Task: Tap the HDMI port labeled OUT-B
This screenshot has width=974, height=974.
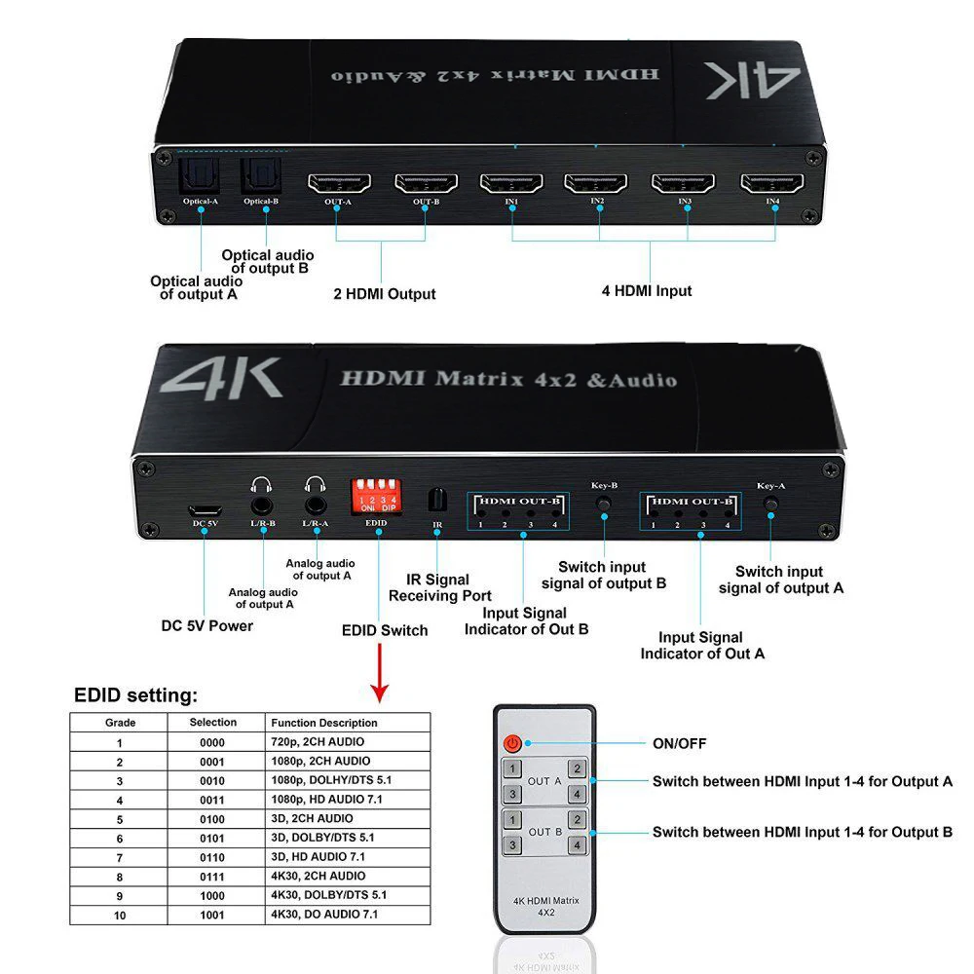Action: pos(426,182)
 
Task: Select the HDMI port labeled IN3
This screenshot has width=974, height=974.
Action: pos(683,182)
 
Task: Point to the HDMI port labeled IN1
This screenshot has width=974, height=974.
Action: pos(510,182)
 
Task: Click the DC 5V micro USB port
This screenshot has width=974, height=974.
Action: pos(205,508)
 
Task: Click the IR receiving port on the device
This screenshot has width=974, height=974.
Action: pos(437,499)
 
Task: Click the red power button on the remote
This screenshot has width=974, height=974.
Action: pos(512,743)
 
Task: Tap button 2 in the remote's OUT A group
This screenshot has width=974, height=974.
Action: pos(577,769)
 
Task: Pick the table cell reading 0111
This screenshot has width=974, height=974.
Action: pos(212,876)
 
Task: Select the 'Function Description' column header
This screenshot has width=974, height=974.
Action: pos(324,723)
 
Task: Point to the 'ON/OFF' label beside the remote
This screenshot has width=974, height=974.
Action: pos(679,743)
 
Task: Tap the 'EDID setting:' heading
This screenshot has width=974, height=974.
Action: pos(135,695)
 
